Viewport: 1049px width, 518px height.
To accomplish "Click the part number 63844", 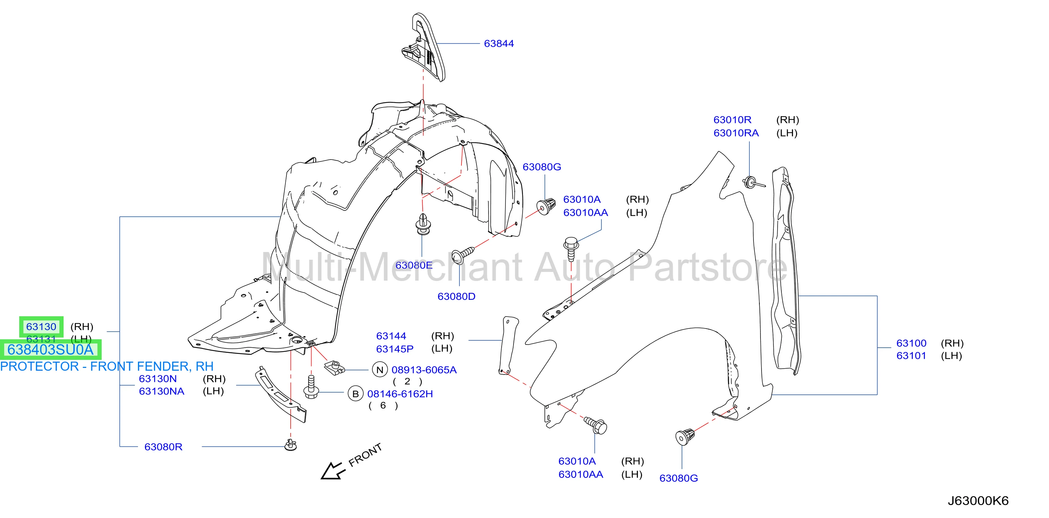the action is [x=498, y=44].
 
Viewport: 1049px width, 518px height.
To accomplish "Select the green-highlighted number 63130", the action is [x=41, y=327].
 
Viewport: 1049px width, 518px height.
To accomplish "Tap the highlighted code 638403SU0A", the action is [x=51, y=349].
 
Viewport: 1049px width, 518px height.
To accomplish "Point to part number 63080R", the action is [x=163, y=447].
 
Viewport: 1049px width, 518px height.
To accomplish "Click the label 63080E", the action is [x=414, y=265].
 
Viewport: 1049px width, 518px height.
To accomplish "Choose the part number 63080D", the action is [x=456, y=297].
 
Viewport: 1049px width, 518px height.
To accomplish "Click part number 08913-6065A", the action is [x=424, y=370].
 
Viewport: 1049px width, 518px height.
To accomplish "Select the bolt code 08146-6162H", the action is [x=400, y=394].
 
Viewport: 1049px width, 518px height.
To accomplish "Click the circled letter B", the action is [x=356, y=394].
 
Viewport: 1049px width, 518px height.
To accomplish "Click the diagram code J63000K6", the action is [x=978, y=501].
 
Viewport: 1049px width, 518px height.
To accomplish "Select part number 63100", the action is [x=911, y=343].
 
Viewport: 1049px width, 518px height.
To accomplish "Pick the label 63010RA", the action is [x=736, y=133].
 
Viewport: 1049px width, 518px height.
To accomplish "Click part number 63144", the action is [x=391, y=336].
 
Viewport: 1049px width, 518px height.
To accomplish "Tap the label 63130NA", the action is [x=162, y=391].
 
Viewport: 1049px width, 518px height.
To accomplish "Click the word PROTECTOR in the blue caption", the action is [x=39, y=367].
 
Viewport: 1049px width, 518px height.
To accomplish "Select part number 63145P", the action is [x=395, y=349].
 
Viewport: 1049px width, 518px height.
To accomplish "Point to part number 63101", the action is [x=911, y=356].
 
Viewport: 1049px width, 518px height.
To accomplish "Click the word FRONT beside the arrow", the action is [x=365, y=455].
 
